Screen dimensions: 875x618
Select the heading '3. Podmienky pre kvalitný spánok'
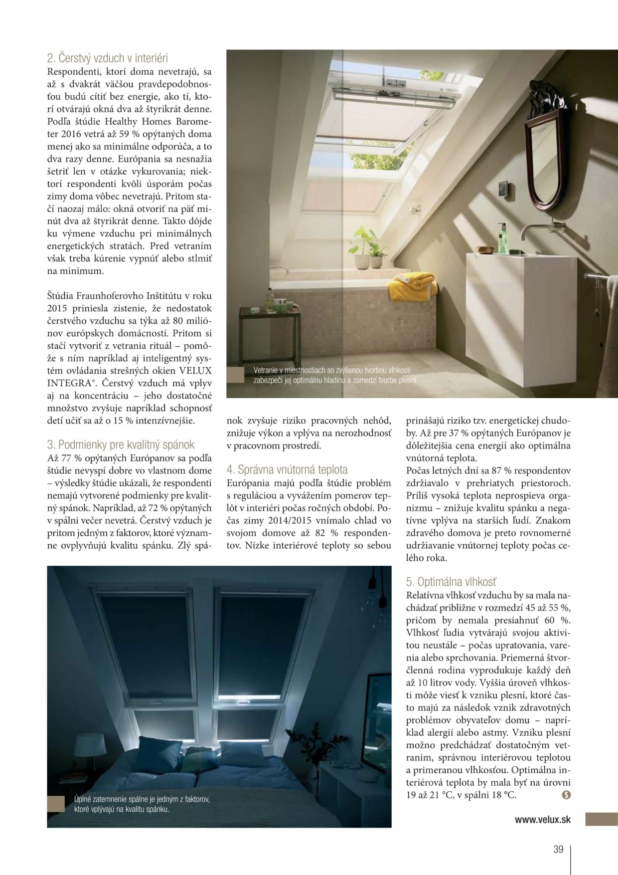coord(121,444)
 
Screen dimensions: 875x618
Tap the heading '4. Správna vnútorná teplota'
coord(287,469)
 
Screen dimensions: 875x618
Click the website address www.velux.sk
coord(543,819)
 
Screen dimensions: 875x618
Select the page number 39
coord(558,850)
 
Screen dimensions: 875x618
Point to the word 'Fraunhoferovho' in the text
coord(112,298)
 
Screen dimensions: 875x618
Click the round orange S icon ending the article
coord(566,795)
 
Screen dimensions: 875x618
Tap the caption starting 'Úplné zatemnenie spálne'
coord(142,804)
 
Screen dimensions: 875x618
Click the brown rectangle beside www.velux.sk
coord(601,819)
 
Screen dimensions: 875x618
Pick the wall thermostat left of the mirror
coord(503,188)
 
